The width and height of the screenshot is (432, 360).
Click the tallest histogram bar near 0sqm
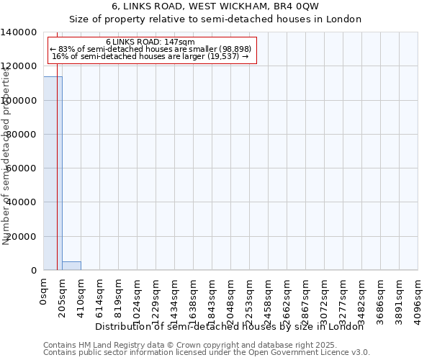pos(53,173)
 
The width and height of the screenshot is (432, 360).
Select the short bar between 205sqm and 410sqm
pos(71,266)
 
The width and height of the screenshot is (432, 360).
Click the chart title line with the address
pos(215,6)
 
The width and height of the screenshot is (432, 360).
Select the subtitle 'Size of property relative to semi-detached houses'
pos(215,19)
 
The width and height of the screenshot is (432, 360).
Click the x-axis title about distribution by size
pos(230,327)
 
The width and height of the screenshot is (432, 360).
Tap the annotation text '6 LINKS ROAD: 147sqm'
pos(150,42)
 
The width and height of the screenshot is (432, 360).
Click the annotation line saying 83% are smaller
pos(150,49)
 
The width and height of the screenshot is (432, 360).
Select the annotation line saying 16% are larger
pos(150,56)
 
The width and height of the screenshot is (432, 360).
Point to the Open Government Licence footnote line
pos(207,353)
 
